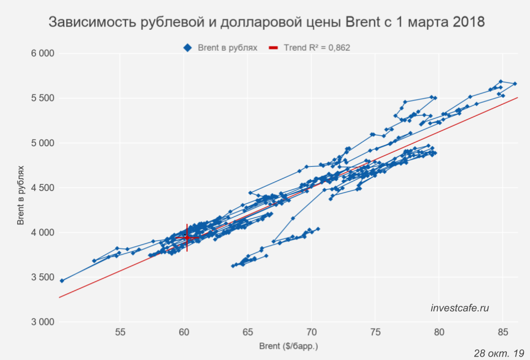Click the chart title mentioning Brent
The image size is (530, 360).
[267, 22]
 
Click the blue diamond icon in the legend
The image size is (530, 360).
[187, 48]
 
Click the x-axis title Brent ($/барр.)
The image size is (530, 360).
[288, 347]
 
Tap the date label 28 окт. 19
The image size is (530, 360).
[498, 352]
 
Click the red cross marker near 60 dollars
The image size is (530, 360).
[187, 237]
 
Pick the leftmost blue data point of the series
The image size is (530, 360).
[62, 280]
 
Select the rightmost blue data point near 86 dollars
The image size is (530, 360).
[515, 84]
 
